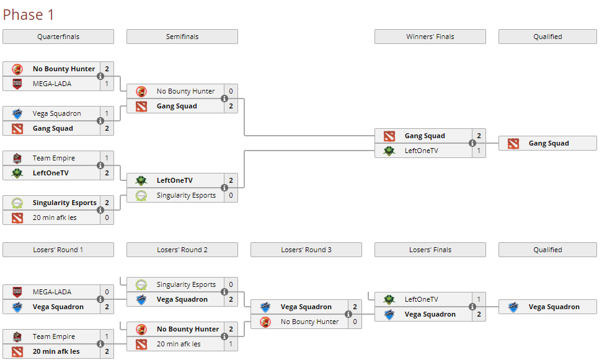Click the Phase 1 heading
29,15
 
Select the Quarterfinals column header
58,37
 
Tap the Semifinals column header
182,37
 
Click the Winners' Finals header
430,37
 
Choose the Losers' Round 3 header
306,250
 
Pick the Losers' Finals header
430,250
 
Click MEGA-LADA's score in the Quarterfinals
107,84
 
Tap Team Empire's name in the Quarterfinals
54,158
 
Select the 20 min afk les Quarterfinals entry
55,217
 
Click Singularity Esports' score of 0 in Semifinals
231,195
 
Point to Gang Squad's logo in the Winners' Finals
389,136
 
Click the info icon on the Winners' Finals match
472,143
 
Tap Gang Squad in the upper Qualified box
549,144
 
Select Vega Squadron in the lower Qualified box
554,307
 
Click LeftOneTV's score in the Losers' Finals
479,299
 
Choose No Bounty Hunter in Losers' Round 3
309,322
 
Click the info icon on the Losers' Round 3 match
348,314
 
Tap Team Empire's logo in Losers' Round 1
17,337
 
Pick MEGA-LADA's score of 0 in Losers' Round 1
107,292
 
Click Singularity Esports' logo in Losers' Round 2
141,285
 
